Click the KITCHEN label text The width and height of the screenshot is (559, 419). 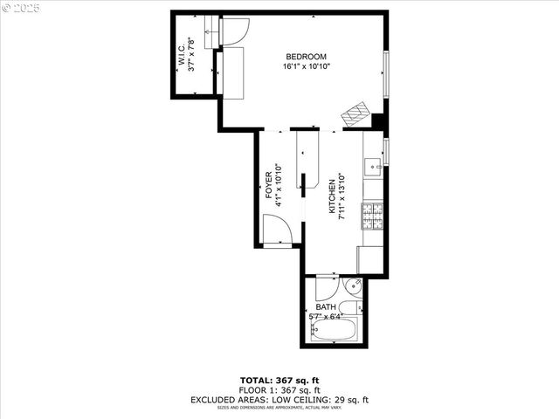click(332, 194)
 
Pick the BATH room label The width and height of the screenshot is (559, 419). click(326, 307)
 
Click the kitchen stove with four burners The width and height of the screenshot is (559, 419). click(373, 216)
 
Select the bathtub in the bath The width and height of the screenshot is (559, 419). click(335, 331)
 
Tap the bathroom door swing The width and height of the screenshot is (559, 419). click(327, 288)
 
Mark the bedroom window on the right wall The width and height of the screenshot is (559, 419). click(386, 75)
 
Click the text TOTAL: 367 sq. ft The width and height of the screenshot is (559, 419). click(279, 381)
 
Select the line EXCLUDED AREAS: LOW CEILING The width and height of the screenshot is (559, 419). click(279, 400)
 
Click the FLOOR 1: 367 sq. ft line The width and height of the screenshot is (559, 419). click(279, 390)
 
